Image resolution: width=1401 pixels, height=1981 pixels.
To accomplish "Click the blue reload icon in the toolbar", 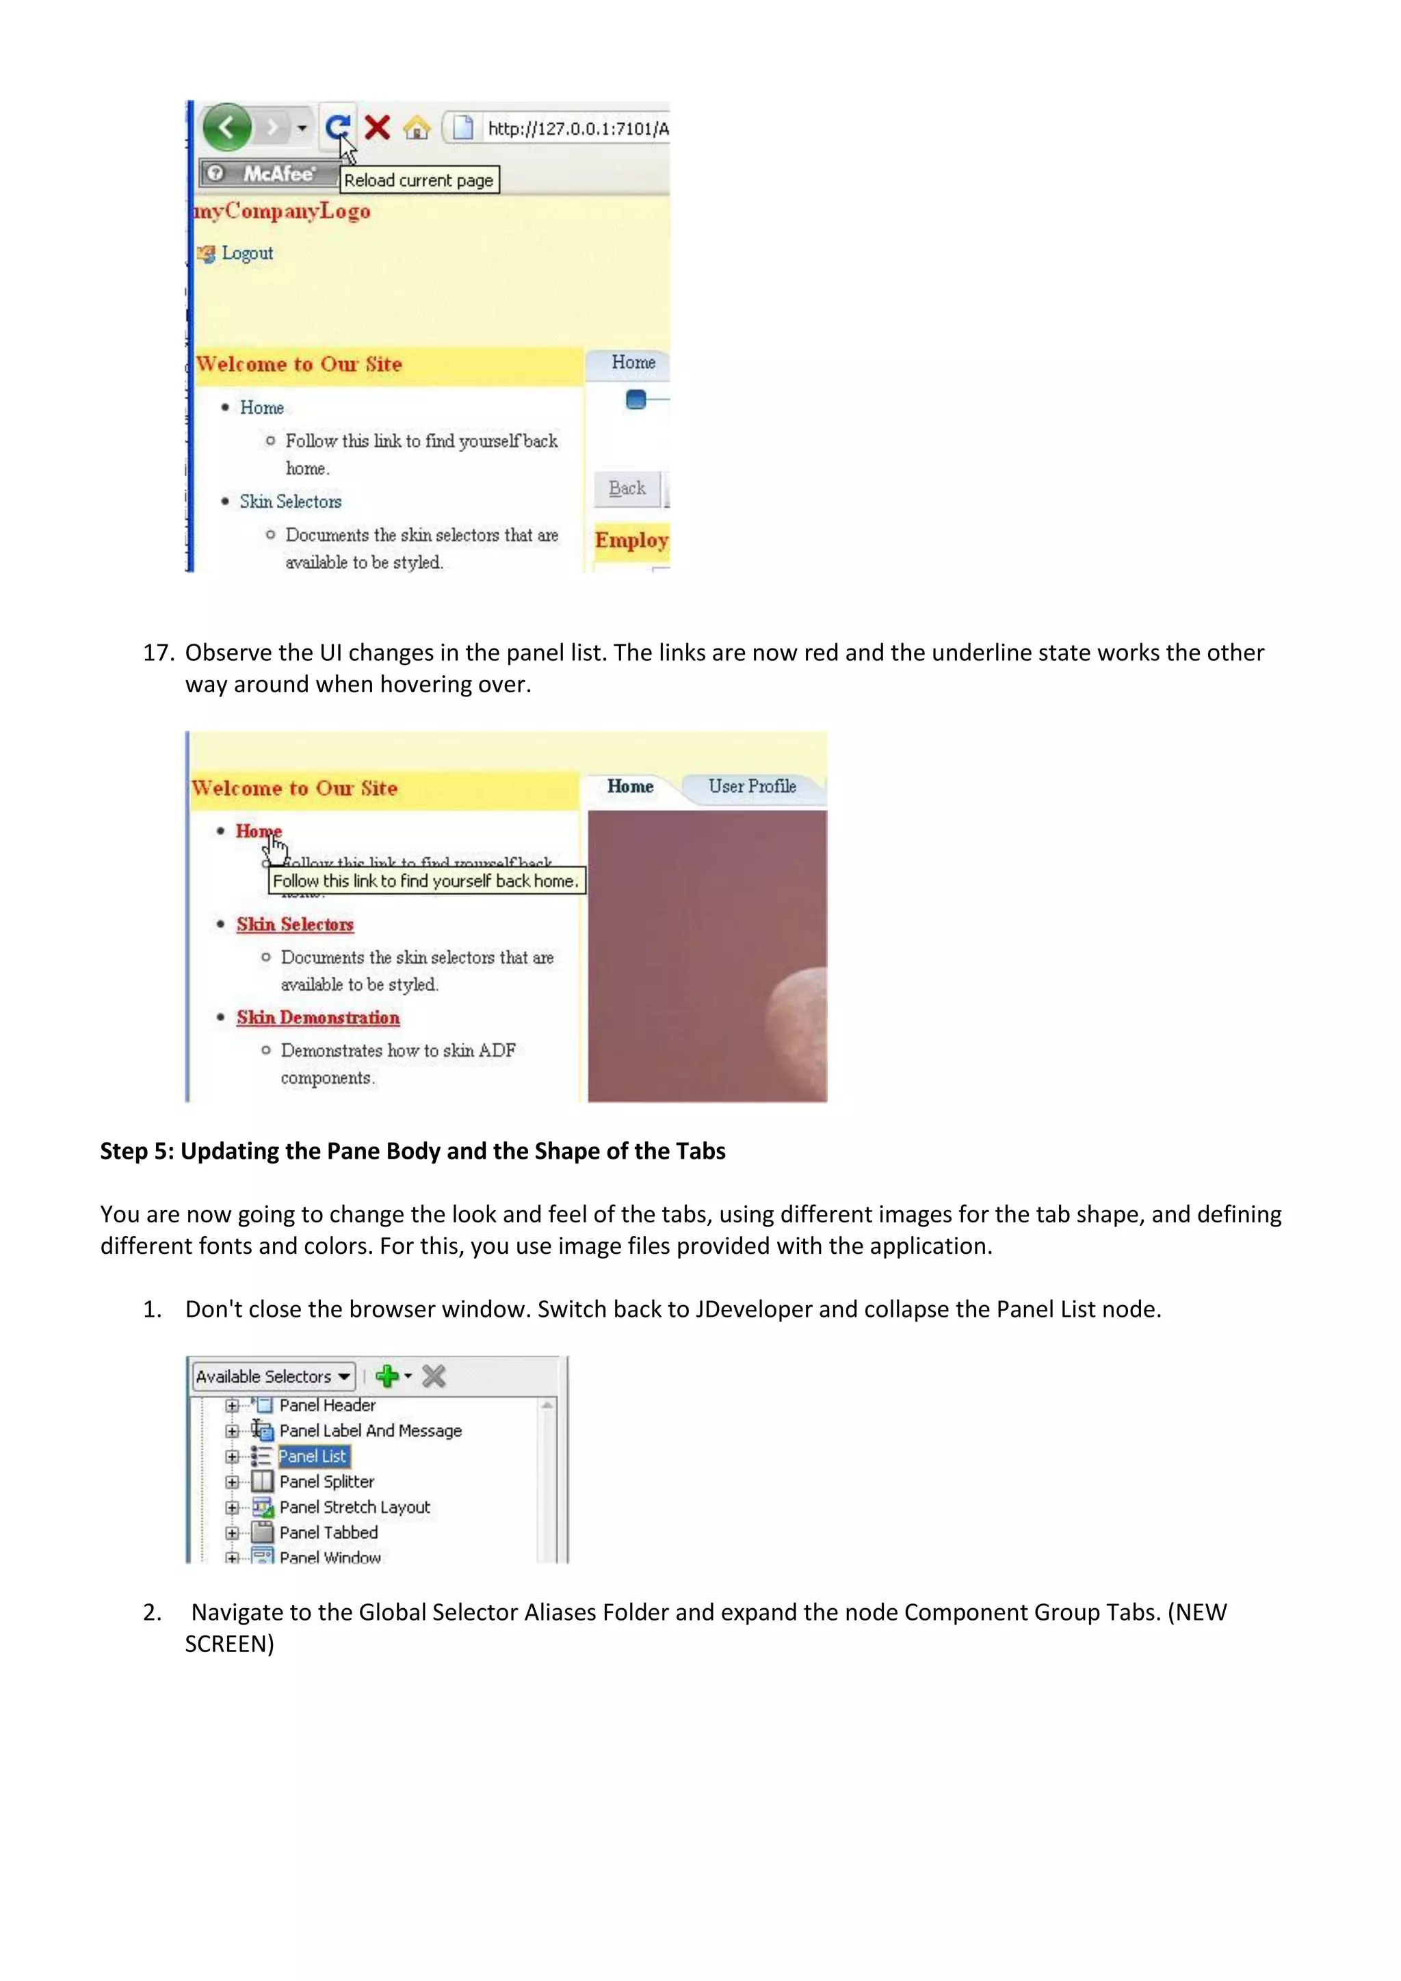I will pos(337,128).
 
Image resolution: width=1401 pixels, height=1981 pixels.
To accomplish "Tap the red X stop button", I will pos(377,128).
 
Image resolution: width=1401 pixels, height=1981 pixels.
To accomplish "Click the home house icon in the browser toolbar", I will pos(417,129).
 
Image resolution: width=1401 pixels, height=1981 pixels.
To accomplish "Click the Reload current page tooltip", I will pos(419,181).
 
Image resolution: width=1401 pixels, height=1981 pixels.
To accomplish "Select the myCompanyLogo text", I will pos(282,211).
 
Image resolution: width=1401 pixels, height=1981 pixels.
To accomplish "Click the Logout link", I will pos(247,254).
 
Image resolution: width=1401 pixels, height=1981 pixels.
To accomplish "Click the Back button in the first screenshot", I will pos(627,488).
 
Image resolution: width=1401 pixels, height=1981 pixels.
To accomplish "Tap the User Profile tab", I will pos(751,786).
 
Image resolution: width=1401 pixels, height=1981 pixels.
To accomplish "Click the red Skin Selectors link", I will pos(295,924).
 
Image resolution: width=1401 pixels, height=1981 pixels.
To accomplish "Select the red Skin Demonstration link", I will pos(317,1017).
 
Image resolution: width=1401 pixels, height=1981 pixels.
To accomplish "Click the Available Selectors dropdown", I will pos(273,1376).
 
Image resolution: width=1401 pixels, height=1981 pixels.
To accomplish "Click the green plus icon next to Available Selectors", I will pos(387,1376).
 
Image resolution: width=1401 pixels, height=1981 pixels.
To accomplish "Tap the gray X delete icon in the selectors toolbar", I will pos(434,1376).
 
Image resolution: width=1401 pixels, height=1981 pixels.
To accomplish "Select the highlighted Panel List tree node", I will pos(313,1456).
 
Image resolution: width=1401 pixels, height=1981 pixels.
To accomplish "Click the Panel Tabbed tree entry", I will pos(328,1532).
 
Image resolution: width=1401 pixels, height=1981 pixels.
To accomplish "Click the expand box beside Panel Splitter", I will pos(231,1482).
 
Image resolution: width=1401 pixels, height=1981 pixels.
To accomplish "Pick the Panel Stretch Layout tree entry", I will pos(354,1508).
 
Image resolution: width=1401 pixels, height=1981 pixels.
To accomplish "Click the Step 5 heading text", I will pos(413,1151).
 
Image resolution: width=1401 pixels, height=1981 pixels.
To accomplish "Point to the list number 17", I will pos(158,653).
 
